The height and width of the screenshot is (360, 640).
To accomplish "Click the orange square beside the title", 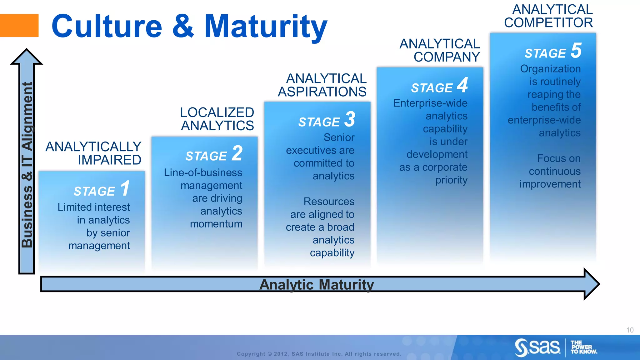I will click(x=19, y=26).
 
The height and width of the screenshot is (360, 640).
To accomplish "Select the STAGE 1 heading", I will click(x=102, y=189).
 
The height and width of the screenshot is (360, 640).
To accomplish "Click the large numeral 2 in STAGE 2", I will click(x=237, y=153).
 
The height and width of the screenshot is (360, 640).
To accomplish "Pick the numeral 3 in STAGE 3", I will click(x=350, y=119).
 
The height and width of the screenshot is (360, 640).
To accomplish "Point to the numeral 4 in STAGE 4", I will click(x=462, y=85).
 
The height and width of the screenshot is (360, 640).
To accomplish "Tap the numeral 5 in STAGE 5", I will click(x=576, y=51).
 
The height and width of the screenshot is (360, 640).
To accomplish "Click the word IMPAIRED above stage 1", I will click(x=109, y=160).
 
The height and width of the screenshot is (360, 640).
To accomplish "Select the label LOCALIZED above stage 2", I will click(x=217, y=112).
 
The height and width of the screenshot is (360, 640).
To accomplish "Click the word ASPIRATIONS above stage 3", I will click(x=322, y=92).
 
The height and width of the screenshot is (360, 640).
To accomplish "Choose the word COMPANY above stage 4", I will click(x=447, y=57).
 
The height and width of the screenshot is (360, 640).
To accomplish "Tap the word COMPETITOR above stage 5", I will click(x=548, y=23).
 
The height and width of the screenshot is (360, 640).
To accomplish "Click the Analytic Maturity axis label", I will click(x=316, y=285).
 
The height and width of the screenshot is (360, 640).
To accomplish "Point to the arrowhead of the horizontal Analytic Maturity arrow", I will click(x=592, y=284).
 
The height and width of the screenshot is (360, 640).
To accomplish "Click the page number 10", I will click(x=630, y=330).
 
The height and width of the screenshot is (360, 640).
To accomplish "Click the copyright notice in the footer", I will click(x=319, y=354).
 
